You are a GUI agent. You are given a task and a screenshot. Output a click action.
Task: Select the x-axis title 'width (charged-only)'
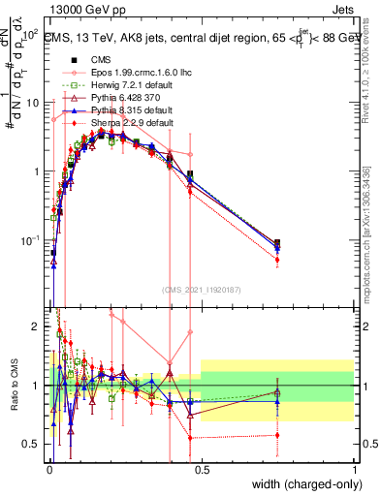tap(302, 485)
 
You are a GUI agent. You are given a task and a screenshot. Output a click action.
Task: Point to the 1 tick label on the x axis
tap(353, 470)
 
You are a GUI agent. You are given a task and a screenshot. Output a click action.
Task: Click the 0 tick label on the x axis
tap(48, 470)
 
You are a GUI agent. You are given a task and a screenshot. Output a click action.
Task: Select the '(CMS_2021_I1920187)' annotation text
tap(201, 288)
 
